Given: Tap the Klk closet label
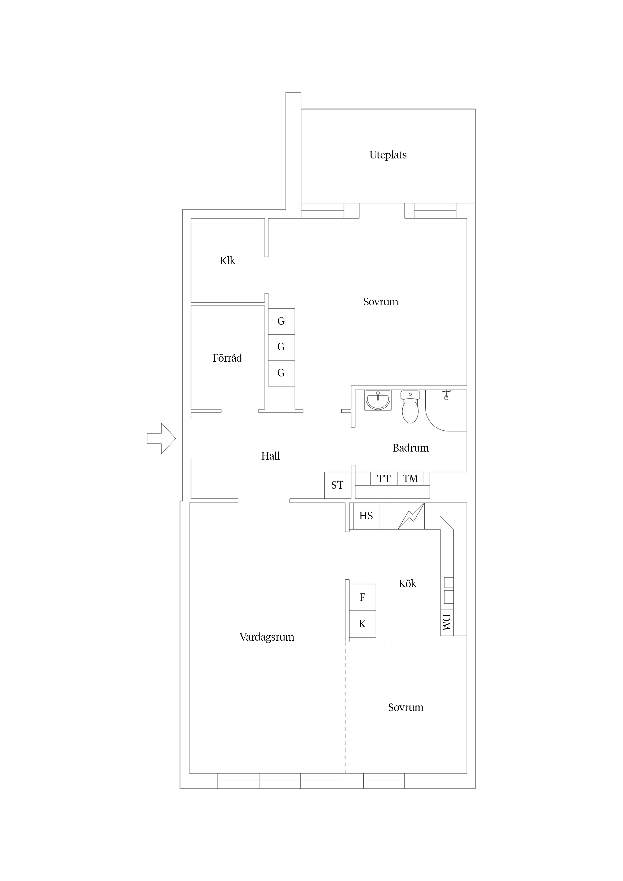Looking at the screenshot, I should pyautogui.click(x=227, y=261).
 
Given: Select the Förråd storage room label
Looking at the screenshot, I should pyautogui.click(x=227, y=358).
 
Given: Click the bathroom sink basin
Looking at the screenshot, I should pyautogui.click(x=378, y=400).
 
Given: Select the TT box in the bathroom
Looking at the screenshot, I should pyautogui.click(x=384, y=479).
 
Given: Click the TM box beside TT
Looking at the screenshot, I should pyautogui.click(x=410, y=479).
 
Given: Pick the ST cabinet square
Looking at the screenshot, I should pyautogui.click(x=337, y=485).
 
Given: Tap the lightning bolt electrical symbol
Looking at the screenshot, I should pyautogui.click(x=411, y=516).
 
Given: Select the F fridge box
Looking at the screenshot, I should pyautogui.click(x=362, y=597).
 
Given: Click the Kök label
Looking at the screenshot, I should pyautogui.click(x=407, y=584).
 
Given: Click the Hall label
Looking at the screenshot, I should pyautogui.click(x=270, y=456).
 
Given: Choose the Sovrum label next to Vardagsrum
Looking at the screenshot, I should pyautogui.click(x=405, y=707).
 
